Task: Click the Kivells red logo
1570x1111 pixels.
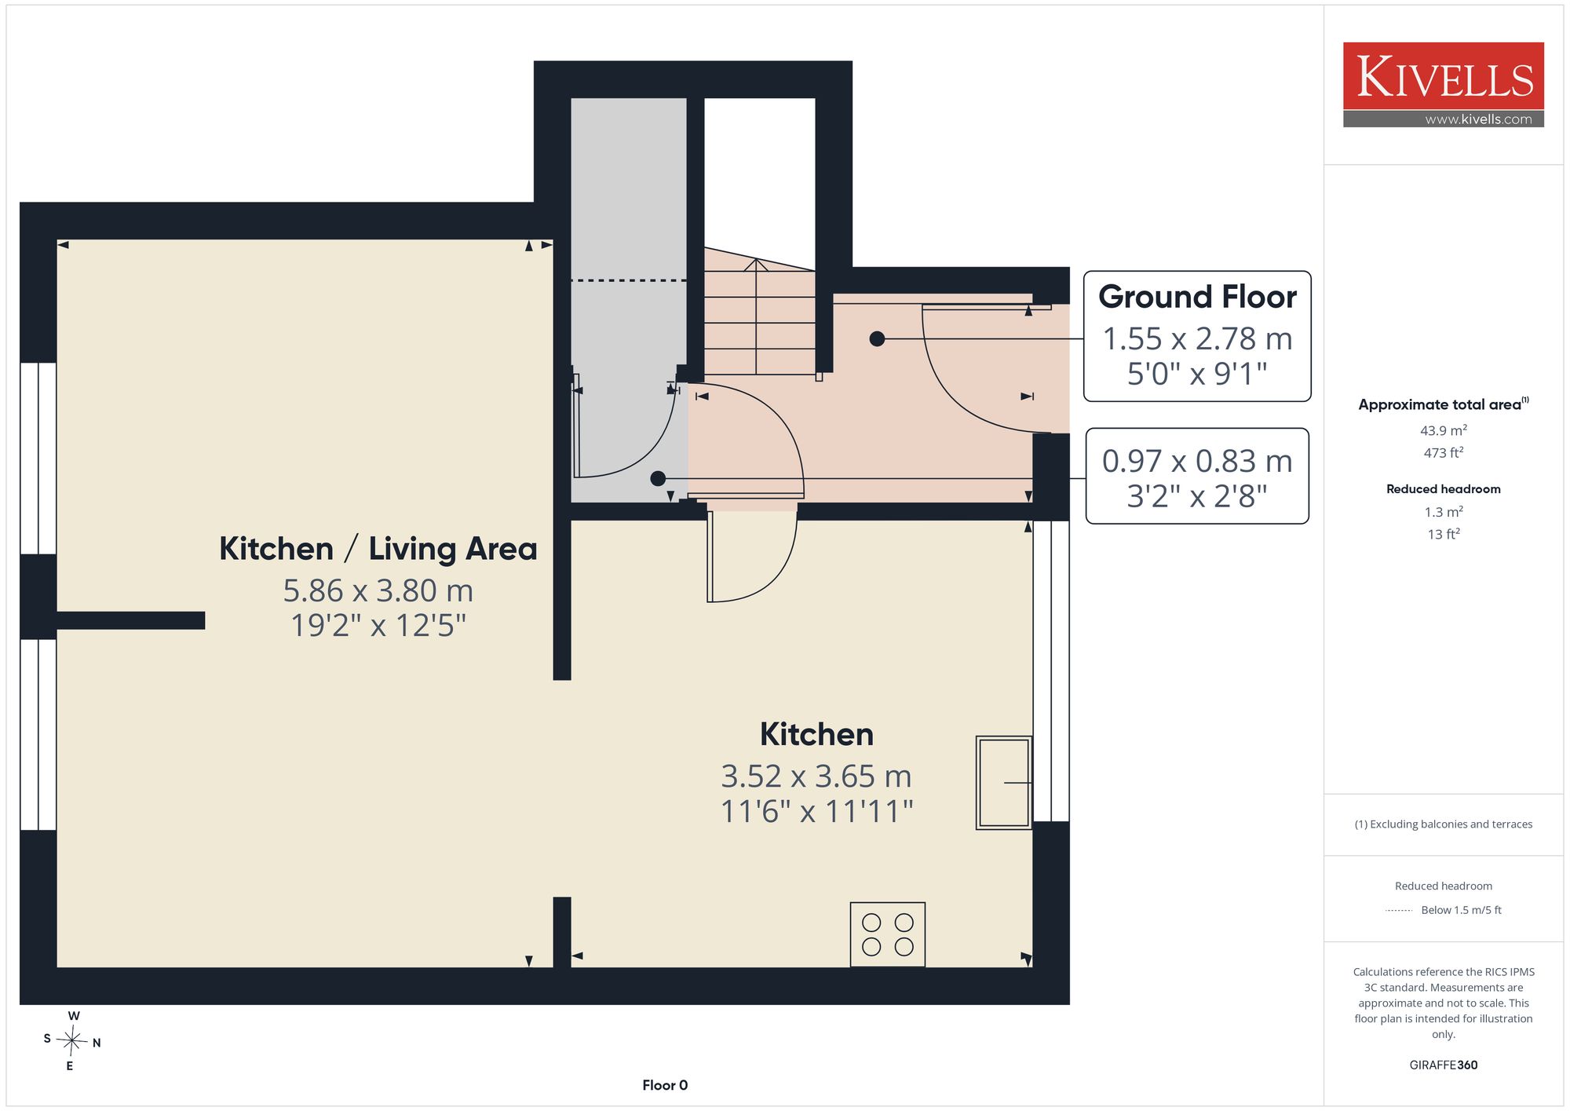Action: [1443, 76]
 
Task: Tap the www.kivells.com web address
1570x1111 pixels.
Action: [1478, 119]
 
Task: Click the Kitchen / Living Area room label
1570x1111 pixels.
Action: [378, 549]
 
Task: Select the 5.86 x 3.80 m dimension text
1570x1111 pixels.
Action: [378, 590]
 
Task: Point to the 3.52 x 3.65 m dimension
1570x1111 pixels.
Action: [816, 777]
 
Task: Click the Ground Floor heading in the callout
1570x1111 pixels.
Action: [1197, 297]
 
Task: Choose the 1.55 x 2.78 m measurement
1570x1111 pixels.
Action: [1197, 339]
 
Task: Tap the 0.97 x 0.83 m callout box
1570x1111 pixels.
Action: [1197, 476]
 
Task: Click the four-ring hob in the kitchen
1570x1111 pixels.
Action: [888, 934]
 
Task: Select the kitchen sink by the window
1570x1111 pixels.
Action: [1004, 783]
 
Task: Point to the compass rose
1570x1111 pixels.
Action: [72, 1041]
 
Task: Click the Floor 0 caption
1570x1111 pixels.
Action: [665, 1085]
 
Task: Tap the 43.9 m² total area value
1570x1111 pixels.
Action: [1444, 430]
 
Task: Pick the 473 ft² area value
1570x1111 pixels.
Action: [1444, 452]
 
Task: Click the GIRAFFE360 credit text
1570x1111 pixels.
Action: [1444, 1065]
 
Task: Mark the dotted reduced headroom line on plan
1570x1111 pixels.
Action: [628, 280]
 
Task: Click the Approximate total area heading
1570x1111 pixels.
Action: [1444, 404]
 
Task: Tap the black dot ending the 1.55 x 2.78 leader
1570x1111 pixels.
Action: [878, 339]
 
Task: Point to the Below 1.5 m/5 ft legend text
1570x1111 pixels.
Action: [1461, 910]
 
